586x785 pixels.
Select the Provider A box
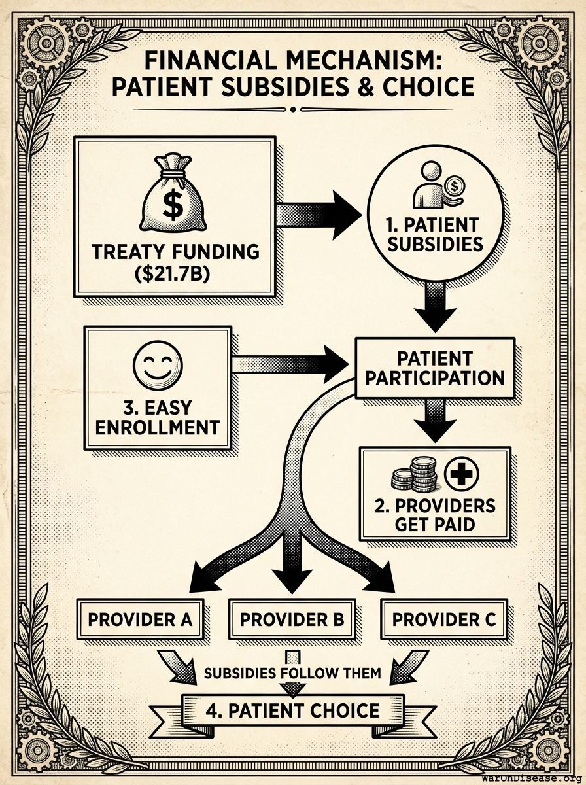click(140, 619)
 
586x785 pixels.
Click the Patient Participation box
click(434, 368)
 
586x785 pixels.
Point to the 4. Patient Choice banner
click(292, 710)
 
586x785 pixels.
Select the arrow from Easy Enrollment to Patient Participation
click(294, 364)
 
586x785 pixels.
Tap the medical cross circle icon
click(462, 472)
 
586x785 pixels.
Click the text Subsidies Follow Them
click(292, 672)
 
